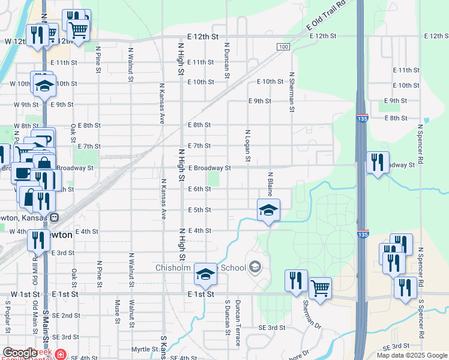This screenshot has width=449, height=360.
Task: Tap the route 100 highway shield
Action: (x=283, y=47)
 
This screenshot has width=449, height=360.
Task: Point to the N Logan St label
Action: (x=247, y=145)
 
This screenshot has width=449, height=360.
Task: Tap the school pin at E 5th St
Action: (x=268, y=211)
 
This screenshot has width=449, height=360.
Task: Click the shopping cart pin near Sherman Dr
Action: (x=320, y=289)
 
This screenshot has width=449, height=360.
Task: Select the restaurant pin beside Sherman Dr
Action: (x=296, y=281)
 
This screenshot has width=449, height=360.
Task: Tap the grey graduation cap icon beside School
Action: (x=255, y=266)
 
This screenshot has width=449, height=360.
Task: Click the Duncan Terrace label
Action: (x=238, y=323)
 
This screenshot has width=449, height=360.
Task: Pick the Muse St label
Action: (x=117, y=311)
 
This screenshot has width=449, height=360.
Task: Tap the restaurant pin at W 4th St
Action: (x=38, y=241)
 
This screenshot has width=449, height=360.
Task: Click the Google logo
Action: (x=20, y=353)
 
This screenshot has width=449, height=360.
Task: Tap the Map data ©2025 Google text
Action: (x=411, y=355)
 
